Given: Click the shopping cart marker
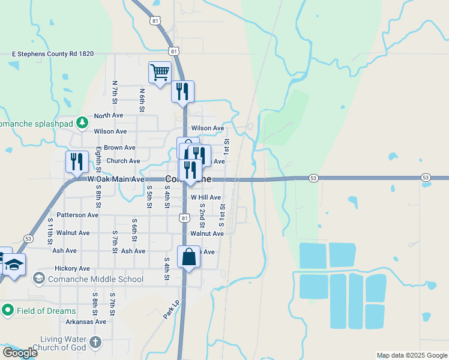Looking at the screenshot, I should (160, 73).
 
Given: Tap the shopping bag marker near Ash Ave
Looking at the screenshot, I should (189, 257).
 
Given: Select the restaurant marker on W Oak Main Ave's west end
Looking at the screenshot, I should (76, 162).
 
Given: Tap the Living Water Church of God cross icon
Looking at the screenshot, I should (95, 343).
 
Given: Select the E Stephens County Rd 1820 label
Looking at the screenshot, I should (53, 54).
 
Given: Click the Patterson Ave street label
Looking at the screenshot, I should (77, 215).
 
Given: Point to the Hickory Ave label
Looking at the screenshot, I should (72, 269).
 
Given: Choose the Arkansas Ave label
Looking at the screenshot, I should (86, 322).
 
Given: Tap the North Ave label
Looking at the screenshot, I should (109, 116).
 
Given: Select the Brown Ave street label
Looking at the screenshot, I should (119, 148).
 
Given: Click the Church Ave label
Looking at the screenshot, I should (123, 161).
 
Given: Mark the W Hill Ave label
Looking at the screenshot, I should (206, 197).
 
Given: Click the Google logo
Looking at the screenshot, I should (20, 353).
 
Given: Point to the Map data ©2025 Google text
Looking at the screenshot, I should (412, 355).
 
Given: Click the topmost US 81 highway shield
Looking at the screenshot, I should (155, 21).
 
